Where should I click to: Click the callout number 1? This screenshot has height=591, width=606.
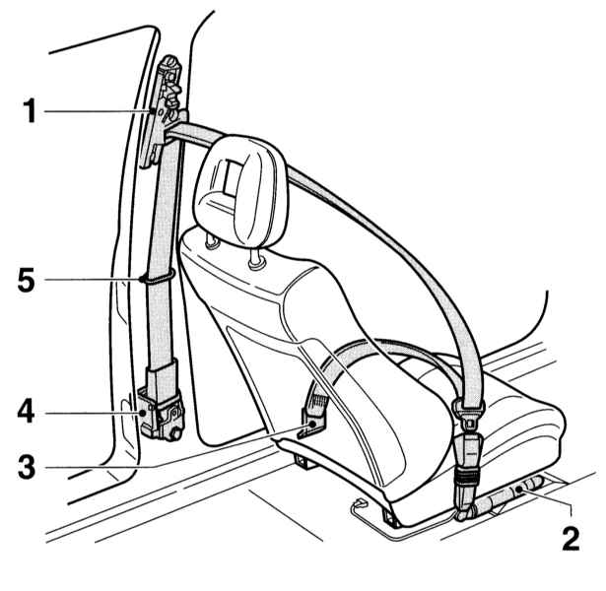tap(31, 111)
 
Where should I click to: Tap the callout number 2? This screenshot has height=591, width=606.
tap(571, 538)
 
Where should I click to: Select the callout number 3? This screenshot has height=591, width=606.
tap(27, 468)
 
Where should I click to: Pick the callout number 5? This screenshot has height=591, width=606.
tap(26, 281)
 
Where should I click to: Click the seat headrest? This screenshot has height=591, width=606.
tap(240, 191)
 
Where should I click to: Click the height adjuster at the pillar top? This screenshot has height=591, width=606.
tap(166, 110)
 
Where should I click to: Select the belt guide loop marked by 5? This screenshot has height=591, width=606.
tap(159, 277)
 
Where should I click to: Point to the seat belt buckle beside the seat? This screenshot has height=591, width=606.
tap(468, 475)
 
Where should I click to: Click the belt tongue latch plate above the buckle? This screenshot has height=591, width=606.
tap(468, 414)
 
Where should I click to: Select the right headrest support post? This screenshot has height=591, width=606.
tap(255, 260)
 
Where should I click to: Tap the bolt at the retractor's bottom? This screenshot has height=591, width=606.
tap(175, 433)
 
